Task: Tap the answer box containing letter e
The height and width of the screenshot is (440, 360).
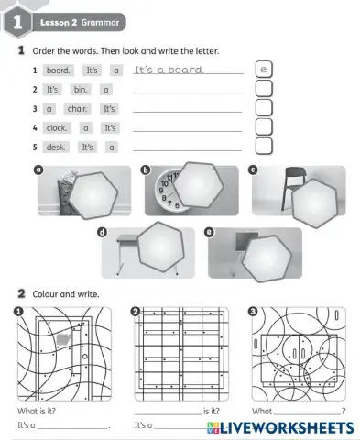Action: click(263, 69)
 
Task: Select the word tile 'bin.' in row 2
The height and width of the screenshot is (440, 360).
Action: click(81, 89)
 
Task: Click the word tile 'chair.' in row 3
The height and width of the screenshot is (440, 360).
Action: click(77, 108)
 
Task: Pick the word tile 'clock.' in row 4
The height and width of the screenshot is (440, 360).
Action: click(57, 127)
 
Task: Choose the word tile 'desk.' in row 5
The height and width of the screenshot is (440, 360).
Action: click(56, 147)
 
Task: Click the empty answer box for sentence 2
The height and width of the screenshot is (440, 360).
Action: click(263, 89)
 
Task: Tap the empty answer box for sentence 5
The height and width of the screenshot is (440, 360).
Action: click(263, 147)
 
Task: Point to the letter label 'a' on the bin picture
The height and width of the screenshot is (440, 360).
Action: click(38, 170)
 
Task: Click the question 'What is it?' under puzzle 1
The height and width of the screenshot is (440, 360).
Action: click(35, 411)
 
